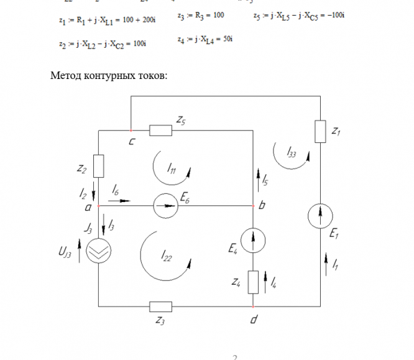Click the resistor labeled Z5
[160, 130]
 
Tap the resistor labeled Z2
[98, 167]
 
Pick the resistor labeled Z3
[161, 306]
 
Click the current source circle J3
[98, 252]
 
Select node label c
[132, 142]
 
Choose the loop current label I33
[292, 151]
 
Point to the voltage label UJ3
[64, 254]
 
